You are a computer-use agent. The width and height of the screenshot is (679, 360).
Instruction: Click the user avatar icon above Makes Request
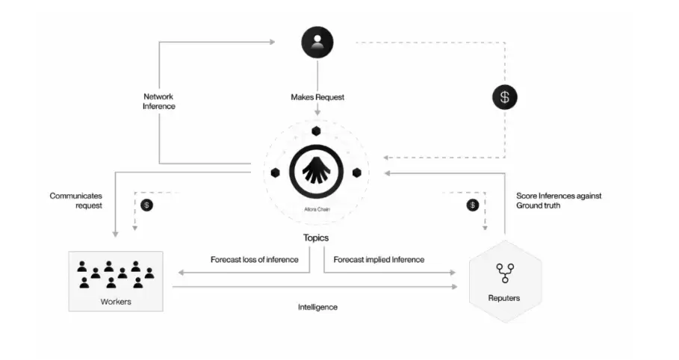pos(317,42)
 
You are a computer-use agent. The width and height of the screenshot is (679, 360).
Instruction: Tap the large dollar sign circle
pos(504,96)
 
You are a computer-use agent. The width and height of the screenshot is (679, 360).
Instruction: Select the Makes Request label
pos(317,97)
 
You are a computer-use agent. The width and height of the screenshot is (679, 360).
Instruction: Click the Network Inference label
pos(159,101)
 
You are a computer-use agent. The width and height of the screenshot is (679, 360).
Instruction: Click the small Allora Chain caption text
pos(317,210)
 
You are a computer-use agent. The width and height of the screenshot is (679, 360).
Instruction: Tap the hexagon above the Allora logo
pos(317,131)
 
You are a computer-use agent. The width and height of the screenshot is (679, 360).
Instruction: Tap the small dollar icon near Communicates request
pos(147,205)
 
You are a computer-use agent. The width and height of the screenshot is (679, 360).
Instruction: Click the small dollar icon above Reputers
pos(472,205)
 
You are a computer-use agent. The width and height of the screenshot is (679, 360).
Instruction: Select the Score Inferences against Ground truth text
pos(558,200)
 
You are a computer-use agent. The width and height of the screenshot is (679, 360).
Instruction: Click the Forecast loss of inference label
pos(255,260)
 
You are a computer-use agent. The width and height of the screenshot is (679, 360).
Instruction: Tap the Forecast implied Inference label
pos(379,260)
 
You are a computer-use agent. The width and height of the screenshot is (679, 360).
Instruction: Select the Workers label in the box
pos(115,302)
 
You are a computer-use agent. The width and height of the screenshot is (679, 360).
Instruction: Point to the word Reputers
pos(504,298)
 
